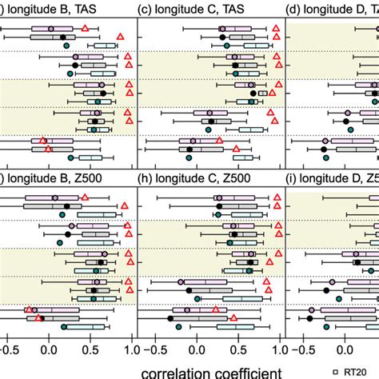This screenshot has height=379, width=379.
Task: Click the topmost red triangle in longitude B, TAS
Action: pyautogui.click(x=86, y=28)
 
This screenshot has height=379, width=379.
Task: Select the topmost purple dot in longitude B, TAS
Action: pyautogui.click(x=52, y=28)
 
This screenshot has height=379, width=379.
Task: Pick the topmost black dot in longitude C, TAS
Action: pyautogui.click(x=221, y=37)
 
